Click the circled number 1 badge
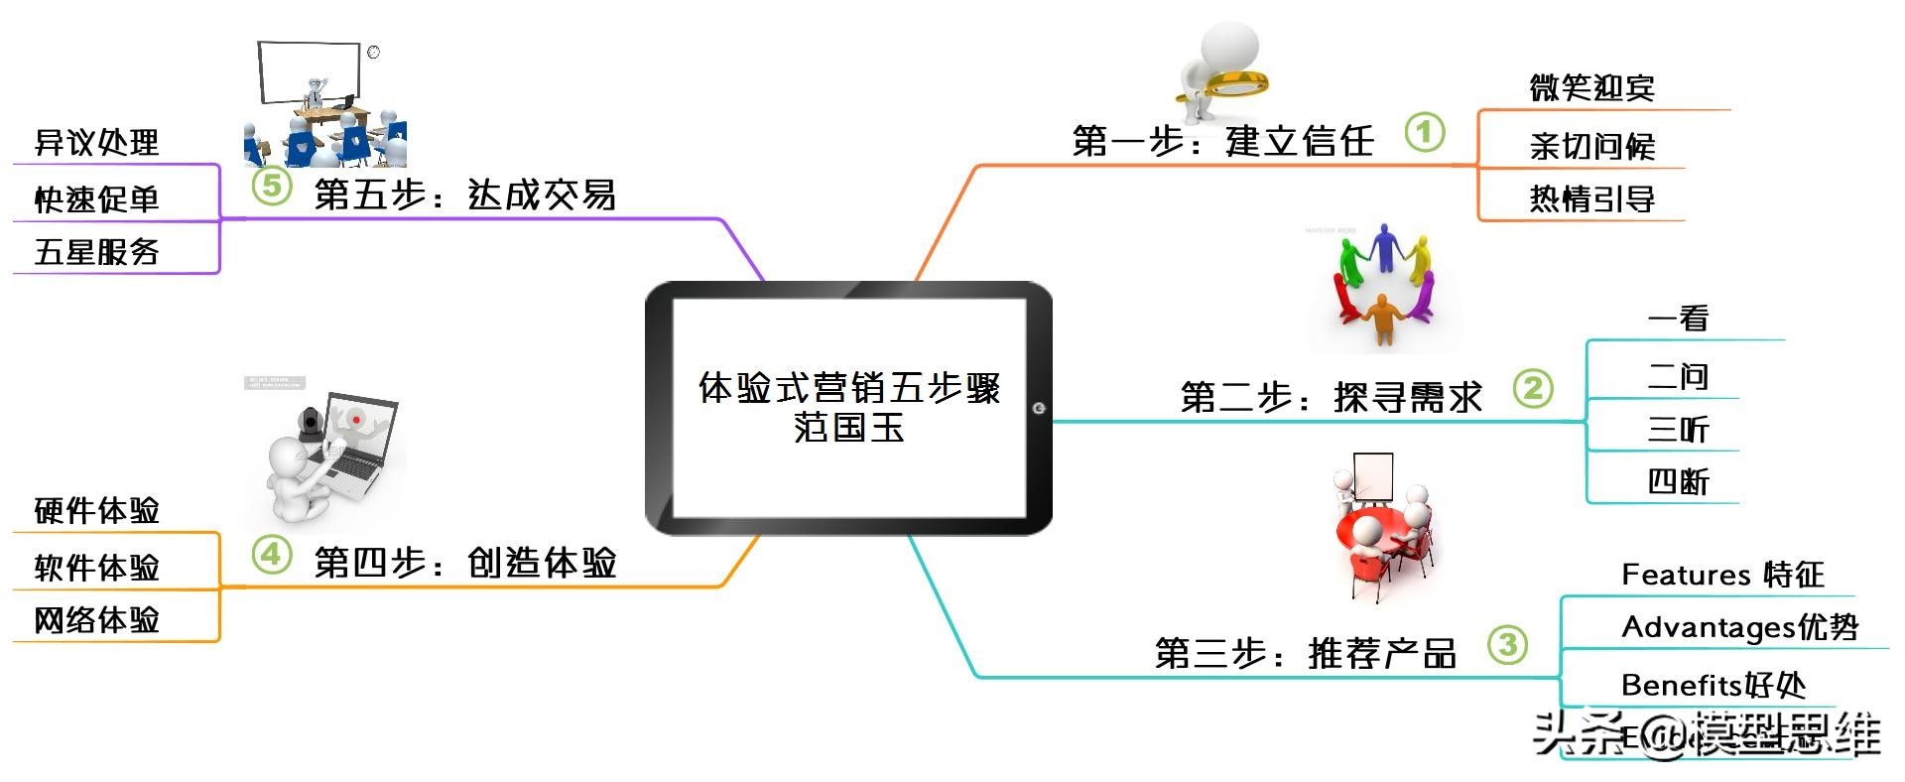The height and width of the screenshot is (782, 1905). click(1424, 132)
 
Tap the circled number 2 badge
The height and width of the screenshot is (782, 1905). click(1533, 388)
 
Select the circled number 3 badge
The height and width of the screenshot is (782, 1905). click(1507, 645)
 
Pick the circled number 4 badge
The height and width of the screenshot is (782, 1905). click(271, 554)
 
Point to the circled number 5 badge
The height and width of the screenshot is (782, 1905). click(271, 186)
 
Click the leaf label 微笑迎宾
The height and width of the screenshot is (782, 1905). click(1591, 88)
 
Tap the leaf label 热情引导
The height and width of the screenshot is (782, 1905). click(1591, 199)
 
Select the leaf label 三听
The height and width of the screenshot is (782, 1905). click(1678, 430)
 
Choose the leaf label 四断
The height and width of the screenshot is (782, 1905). click(1678, 482)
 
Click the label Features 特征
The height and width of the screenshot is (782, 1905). click(1722, 575)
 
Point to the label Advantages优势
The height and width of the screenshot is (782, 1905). click(1739, 627)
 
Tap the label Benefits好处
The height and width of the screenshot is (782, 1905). click(1713, 685)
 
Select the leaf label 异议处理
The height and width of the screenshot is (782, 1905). click(96, 143)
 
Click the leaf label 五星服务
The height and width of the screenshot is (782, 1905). click(96, 252)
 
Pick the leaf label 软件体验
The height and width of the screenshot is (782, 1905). click(96, 568)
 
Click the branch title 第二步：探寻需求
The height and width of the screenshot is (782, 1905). click(1331, 398)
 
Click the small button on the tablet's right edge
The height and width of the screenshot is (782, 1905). click(1039, 408)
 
